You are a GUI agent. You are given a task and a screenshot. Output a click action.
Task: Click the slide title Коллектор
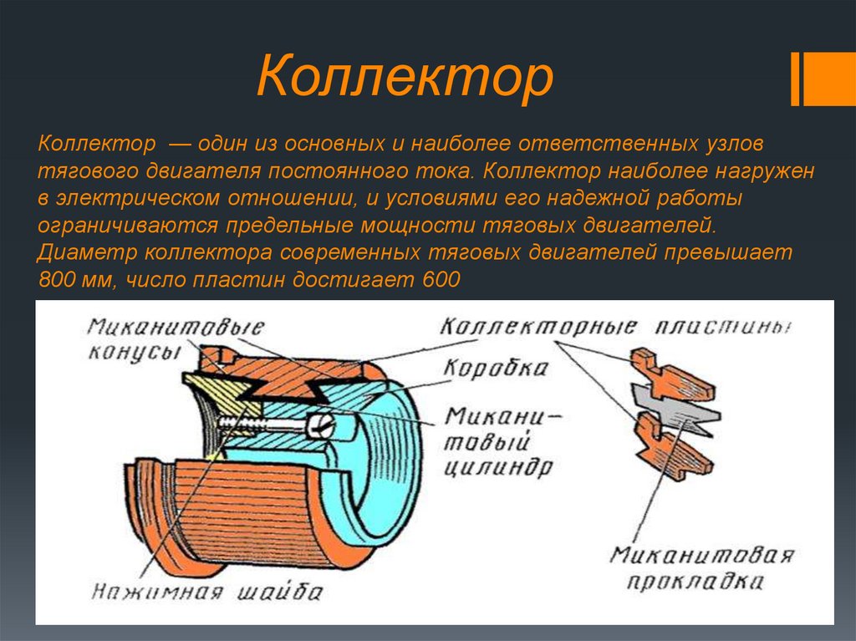(405, 78)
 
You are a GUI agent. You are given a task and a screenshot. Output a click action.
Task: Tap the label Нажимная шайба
(207, 593)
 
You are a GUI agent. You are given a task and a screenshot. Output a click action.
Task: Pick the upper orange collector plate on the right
(671, 375)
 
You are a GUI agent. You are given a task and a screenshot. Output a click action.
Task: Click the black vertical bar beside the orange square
(796, 79)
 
